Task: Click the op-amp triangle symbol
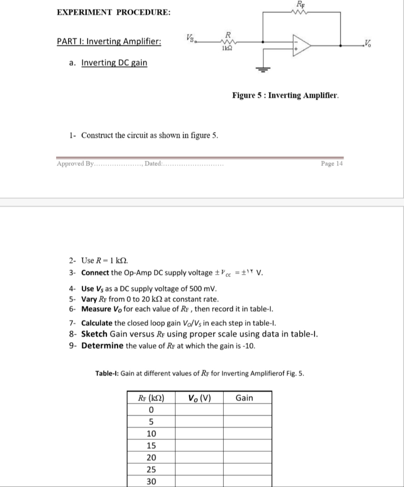300,45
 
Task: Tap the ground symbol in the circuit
263,68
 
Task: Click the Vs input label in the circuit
190,38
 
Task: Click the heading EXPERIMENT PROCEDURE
114,12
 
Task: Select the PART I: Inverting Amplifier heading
108,41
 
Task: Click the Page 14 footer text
332,164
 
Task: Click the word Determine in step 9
103,345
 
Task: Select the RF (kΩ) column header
151,398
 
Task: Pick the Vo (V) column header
199,398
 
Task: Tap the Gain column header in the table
244,398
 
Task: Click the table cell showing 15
151,446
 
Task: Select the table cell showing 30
151,481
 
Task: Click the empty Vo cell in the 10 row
199,434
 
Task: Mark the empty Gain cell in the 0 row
247,410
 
